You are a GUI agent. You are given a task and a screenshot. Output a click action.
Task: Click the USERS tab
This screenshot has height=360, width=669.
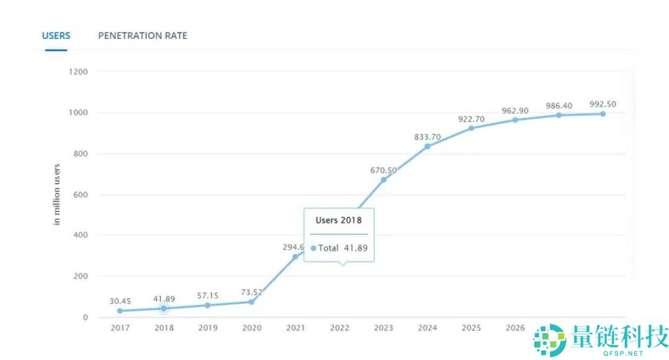[56, 35]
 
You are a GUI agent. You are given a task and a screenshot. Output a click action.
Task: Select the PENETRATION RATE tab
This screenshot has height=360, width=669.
[142, 35]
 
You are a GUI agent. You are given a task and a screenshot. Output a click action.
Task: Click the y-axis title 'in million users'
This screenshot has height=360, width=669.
[57, 194]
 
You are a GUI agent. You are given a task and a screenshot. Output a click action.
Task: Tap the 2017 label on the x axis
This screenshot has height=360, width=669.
[120, 328]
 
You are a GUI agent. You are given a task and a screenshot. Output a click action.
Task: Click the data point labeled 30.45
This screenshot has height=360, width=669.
[120, 311]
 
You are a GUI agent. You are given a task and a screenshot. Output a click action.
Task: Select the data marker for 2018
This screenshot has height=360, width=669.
[164, 308]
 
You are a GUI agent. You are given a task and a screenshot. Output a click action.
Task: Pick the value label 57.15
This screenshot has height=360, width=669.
[208, 296]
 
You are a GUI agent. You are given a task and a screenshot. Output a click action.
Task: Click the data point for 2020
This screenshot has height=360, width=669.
[251, 302]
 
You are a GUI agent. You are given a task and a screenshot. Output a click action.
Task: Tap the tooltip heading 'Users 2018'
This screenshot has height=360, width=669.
[338, 220]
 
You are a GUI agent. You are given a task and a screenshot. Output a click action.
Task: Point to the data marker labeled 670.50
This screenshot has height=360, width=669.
[383, 180]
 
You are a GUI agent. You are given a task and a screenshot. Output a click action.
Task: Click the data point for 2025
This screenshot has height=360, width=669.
[471, 128]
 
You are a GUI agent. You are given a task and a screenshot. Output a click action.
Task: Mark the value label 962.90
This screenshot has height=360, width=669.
[515, 111]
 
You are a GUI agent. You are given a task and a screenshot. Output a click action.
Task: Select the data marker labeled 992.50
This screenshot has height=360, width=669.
[602, 114]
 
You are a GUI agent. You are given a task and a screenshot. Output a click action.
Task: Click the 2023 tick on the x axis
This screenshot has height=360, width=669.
[383, 328]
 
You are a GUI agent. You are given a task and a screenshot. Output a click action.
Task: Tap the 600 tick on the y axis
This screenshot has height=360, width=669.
[80, 195]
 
